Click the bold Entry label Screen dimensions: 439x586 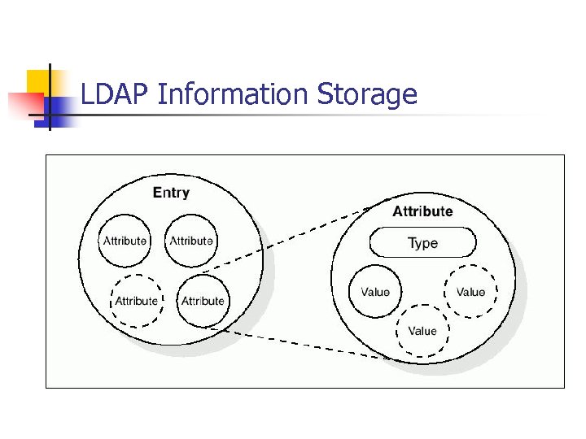[171, 193]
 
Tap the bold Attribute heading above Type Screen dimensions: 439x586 [422, 211]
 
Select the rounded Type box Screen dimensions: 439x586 [422, 242]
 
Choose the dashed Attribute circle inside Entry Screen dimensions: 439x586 [136, 301]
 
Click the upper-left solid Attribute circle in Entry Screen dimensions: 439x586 [125, 241]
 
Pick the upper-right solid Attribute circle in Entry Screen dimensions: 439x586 [191, 241]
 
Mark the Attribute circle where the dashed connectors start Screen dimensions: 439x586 [203, 301]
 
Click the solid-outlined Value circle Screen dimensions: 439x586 [375, 292]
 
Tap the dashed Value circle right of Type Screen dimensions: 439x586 [470, 292]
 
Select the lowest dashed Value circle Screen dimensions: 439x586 [422, 331]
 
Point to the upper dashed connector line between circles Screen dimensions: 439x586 [293, 239]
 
